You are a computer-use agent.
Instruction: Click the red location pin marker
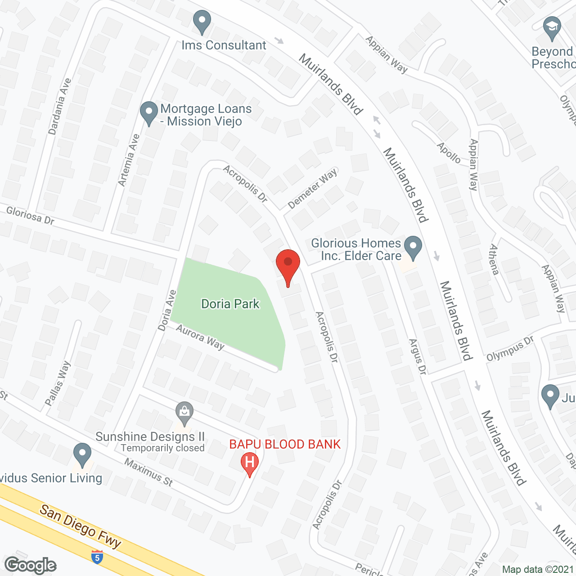click(x=288, y=265)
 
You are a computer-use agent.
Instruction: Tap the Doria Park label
click(x=230, y=304)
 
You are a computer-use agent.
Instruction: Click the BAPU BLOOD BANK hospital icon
click(x=249, y=464)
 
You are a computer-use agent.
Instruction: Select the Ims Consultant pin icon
click(x=202, y=22)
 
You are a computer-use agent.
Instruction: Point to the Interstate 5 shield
click(x=97, y=557)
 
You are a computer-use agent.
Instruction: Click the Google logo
click(x=30, y=565)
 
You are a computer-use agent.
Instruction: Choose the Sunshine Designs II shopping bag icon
click(x=184, y=412)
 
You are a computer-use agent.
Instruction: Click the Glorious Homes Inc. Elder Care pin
click(x=413, y=247)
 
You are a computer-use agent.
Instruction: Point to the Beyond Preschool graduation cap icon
click(x=552, y=28)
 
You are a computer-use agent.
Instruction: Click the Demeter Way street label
click(x=312, y=189)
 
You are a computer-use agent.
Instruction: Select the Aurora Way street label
click(x=200, y=337)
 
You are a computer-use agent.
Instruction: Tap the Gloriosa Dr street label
click(x=30, y=215)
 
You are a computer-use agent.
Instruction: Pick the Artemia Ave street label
click(x=129, y=160)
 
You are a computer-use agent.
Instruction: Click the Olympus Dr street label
click(x=509, y=348)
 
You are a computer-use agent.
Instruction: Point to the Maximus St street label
click(x=148, y=472)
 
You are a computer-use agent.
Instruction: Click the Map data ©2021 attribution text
click(x=538, y=569)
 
